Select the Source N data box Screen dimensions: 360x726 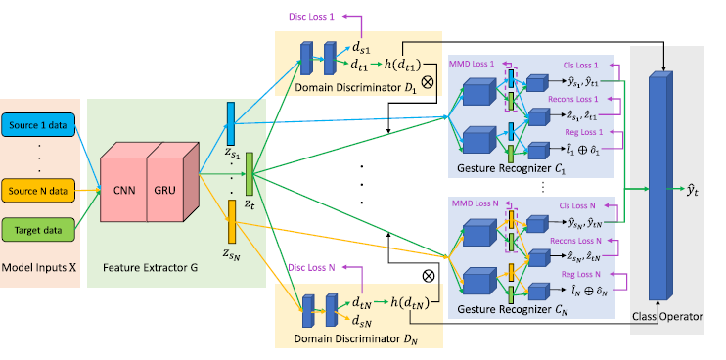pos(40,186)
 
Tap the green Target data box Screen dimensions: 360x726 pos(40,231)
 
